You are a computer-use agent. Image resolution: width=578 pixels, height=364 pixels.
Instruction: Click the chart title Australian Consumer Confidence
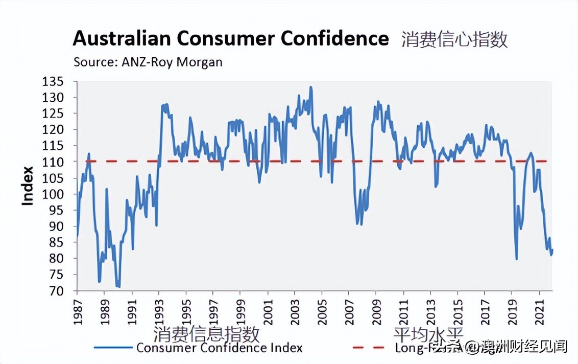[x=230, y=39]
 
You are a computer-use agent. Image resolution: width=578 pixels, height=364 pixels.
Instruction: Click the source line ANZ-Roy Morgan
[x=148, y=62]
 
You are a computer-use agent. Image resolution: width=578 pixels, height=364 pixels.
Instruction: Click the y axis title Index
[x=28, y=186]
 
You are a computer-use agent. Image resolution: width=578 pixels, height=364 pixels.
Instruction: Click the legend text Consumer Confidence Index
[x=219, y=348]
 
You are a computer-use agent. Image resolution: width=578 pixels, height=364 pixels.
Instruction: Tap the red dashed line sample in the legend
[x=369, y=348]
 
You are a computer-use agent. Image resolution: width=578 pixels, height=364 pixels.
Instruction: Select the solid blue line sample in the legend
[x=113, y=348]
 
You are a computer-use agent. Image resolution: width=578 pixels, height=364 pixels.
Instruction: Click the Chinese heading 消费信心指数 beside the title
[x=454, y=39]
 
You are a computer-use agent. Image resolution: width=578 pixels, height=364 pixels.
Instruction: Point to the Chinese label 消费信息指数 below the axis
[x=207, y=334]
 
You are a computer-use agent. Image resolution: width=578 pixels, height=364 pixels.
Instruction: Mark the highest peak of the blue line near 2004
[x=310, y=87]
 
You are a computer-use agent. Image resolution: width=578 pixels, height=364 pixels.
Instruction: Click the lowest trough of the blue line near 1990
[x=118, y=287]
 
